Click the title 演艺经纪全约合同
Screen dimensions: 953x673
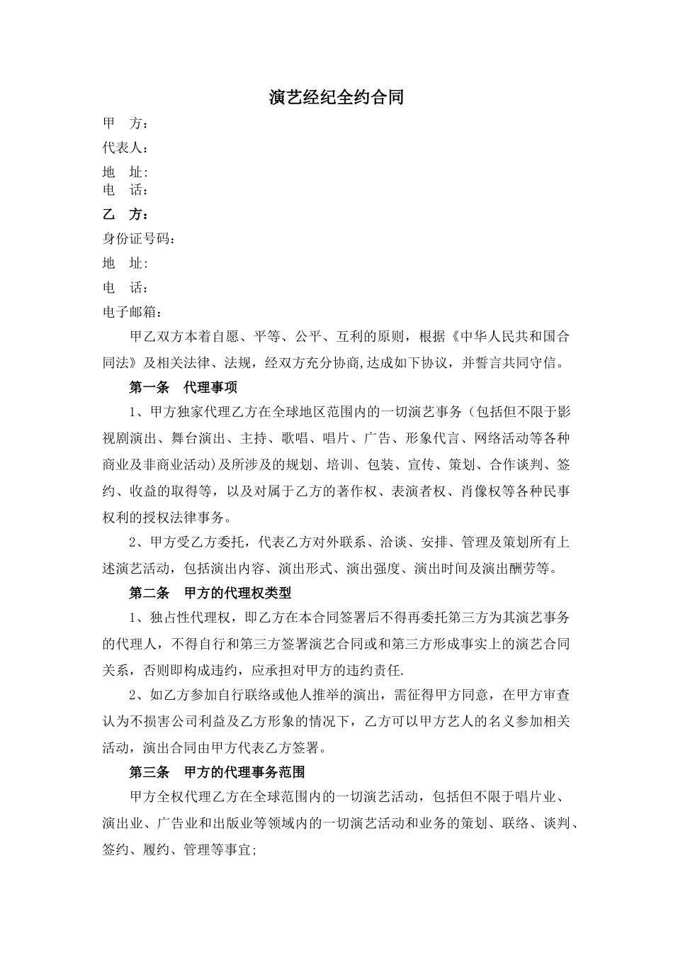(336, 98)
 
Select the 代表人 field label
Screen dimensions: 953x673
(124, 148)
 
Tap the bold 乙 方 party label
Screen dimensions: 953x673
(125, 215)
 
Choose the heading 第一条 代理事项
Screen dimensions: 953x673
(183, 387)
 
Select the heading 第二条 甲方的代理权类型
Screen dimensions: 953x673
(210, 592)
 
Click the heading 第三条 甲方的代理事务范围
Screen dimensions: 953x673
(217, 771)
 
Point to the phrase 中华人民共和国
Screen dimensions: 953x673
(509, 337)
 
